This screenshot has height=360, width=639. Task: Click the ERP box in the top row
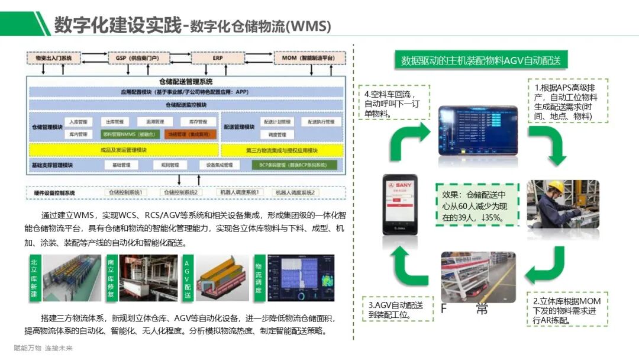(217, 59)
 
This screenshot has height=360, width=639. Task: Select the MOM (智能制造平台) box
(309, 59)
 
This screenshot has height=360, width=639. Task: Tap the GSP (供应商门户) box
(133, 59)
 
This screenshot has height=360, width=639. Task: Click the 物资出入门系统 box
(53, 59)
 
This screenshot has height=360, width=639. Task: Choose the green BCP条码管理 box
(294, 165)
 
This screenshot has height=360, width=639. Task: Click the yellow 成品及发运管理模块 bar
(123, 150)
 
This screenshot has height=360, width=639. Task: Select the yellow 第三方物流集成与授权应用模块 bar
(282, 150)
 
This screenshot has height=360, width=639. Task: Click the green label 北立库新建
(34, 278)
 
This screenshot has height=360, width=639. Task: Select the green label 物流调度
(259, 278)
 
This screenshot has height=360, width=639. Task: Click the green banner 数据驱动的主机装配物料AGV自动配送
(481, 60)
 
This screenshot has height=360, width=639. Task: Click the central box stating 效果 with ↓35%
(477, 205)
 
